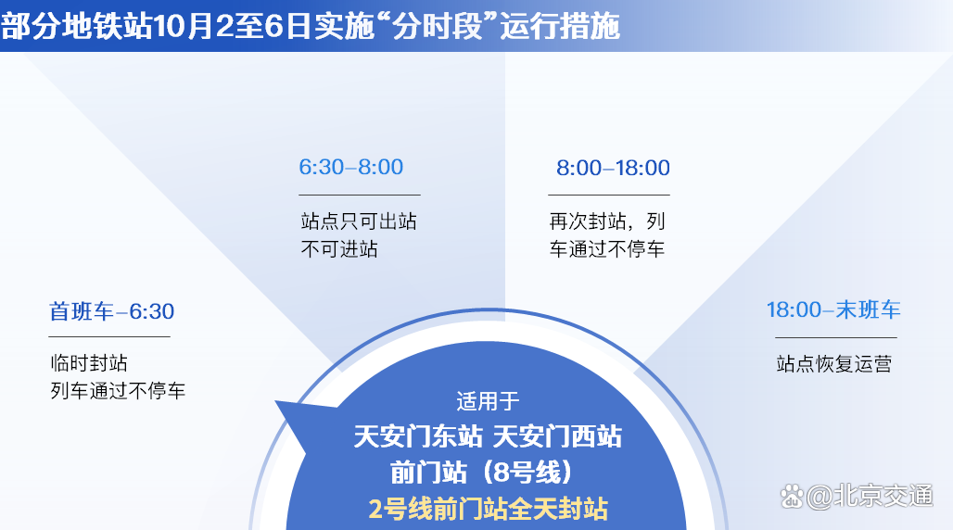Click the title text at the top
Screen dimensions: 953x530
(x=310, y=26)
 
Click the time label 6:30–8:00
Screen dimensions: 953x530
(x=350, y=167)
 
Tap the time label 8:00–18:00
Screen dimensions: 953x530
(x=613, y=168)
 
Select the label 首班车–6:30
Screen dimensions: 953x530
(x=111, y=311)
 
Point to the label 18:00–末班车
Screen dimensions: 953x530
(x=833, y=310)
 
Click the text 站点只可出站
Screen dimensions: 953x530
(x=359, y=221)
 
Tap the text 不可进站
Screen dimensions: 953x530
(x=339, y=248)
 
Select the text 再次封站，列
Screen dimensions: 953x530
(x=607, y=221)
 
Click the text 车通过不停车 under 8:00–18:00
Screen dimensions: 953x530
(x=606, y=248)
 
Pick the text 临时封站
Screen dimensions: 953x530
(x=89, y=363)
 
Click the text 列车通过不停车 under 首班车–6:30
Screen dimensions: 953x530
(x=118, y=390)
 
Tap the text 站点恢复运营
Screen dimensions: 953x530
(x=834, y=364)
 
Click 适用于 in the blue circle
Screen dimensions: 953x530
(x=488, y=401)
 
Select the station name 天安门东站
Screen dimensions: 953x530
(x=418, y=437)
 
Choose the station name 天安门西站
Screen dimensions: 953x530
(x=557, y=437)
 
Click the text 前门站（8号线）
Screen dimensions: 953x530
(x=481, y=473)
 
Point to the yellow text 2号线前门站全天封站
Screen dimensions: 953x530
(x=488, y=509)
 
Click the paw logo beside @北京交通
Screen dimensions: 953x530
(x=792, y=496)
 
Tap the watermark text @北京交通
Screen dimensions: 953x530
(x=870, y=496)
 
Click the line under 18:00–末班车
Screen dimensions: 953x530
(x=835, y=337)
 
